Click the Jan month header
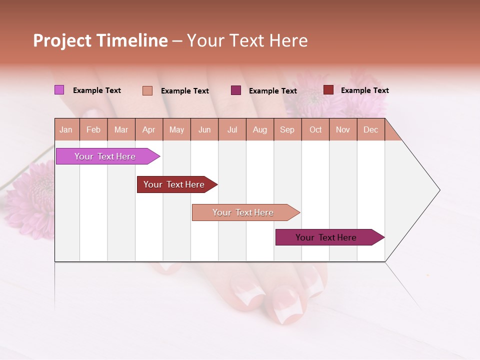coord(66,129)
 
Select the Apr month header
coord(149,129)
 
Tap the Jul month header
coord(232,129)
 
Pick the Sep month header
coord(287,129)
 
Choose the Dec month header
coord(370,129)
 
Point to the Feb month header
coord(93,129)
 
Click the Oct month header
coord(315,129)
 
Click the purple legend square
coord(59,90)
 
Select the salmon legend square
coord(147,90)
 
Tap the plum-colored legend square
coord(236,90)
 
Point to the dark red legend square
coord(328,90)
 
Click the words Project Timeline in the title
coord(100,40)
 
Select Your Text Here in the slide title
coord(247,40)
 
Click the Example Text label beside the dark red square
coord(364,90)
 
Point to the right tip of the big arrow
coord(439,190)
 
